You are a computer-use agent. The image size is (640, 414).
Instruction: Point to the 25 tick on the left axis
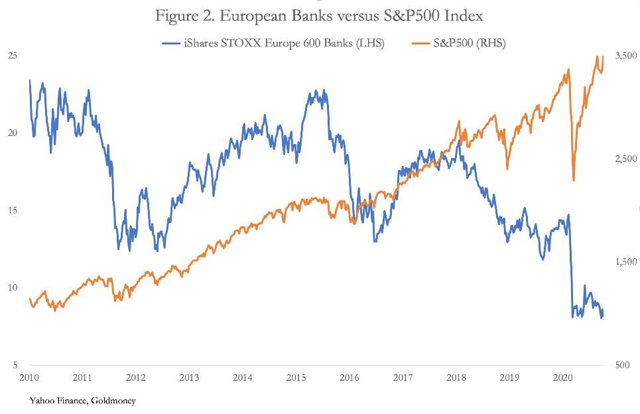[12, 56]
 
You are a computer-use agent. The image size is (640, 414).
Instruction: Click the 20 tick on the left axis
[12, 133]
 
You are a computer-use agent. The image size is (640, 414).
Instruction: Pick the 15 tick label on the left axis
[12, 210]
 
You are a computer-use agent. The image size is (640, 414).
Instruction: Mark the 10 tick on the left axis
[12, 287]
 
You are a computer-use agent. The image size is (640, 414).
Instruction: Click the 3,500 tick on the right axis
[623, 57]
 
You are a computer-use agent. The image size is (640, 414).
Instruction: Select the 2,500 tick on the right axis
[623, 159]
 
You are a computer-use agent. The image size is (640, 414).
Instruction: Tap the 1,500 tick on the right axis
[623, 262]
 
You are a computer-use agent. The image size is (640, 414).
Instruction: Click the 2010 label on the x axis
[29, 378]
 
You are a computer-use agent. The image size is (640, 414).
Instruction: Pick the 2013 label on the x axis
[189, 378]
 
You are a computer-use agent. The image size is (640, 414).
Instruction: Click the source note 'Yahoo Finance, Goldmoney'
[82, 401]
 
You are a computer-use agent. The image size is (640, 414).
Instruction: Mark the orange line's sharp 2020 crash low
[573, 180]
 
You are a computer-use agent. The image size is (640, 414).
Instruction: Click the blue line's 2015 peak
[315, 90]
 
